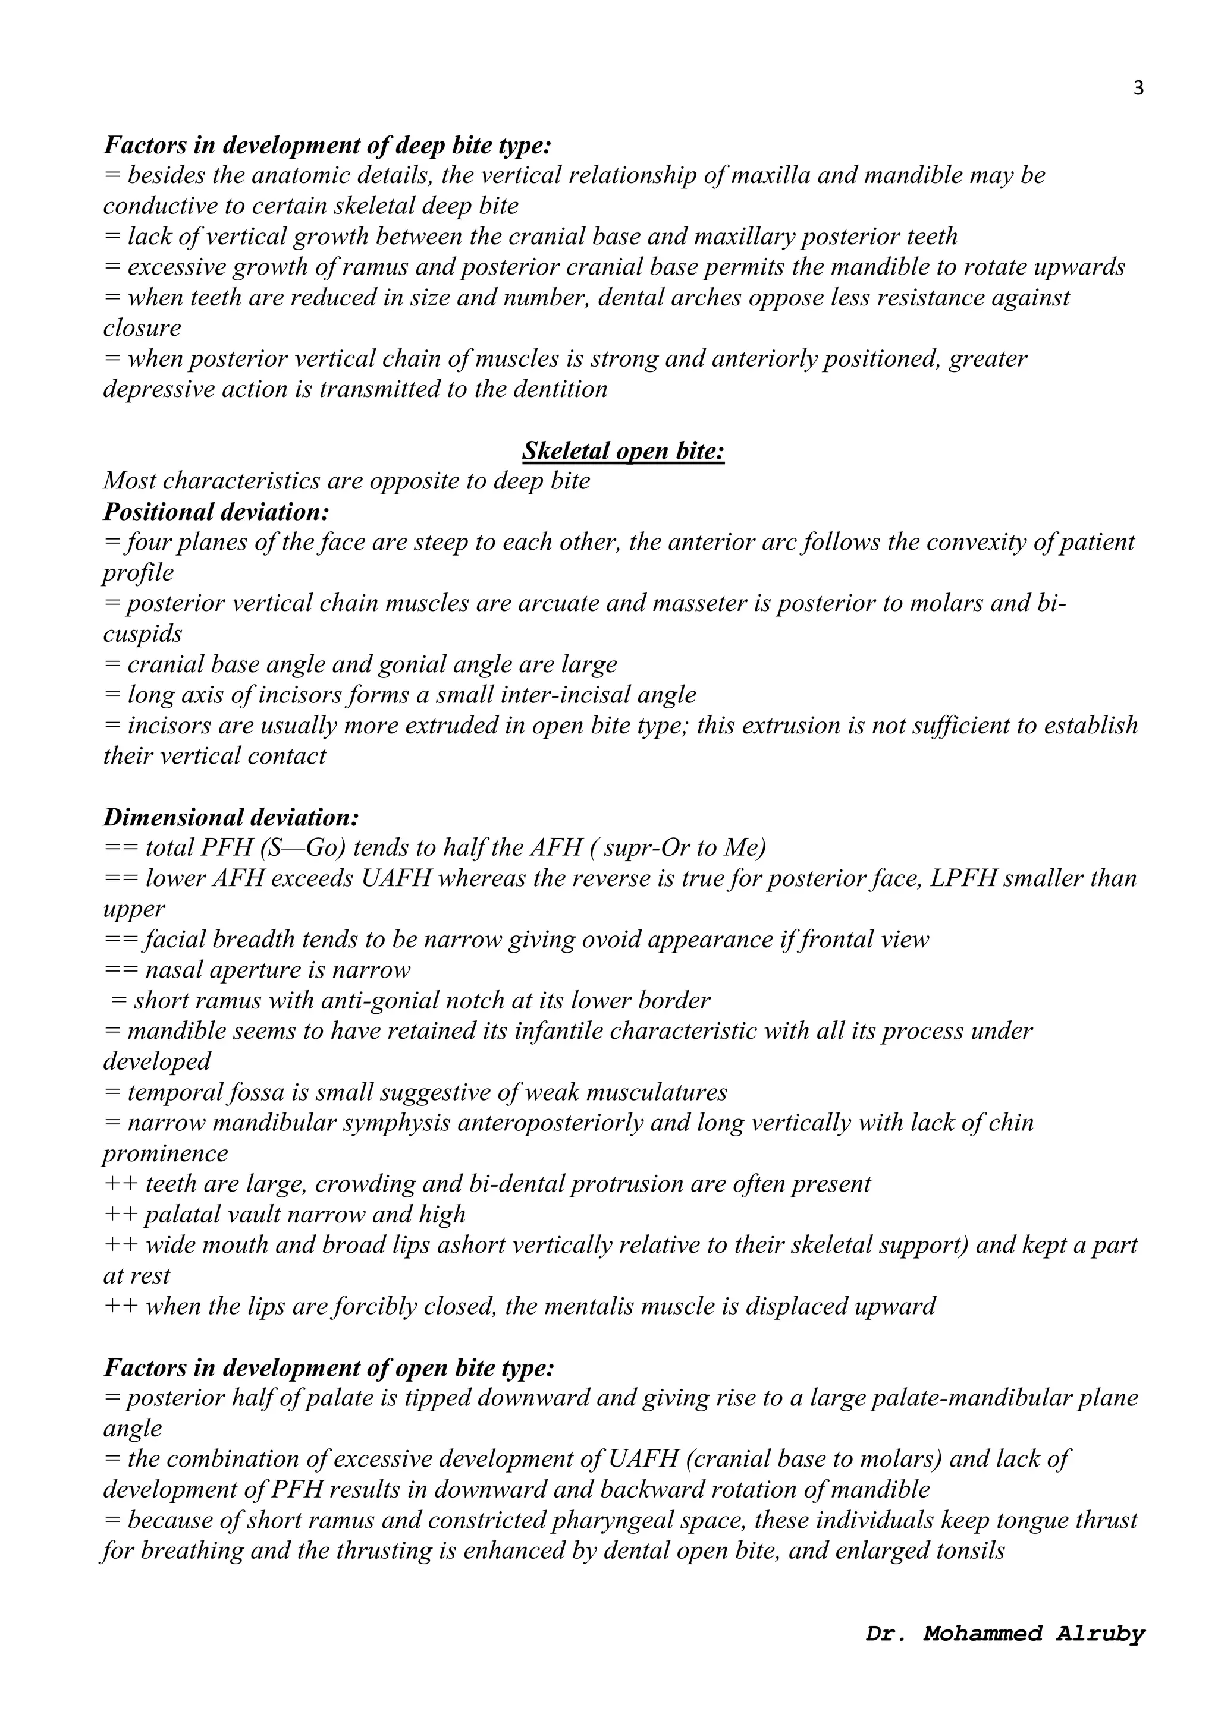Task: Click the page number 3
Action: pos(1138,89)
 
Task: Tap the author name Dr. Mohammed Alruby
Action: pos(1005,1633)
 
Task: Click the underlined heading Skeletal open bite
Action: pos(623,451)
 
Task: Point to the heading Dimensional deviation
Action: pos(231,817)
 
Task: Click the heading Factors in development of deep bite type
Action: pos(327,144)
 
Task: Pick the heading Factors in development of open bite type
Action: pos(328,1368)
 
